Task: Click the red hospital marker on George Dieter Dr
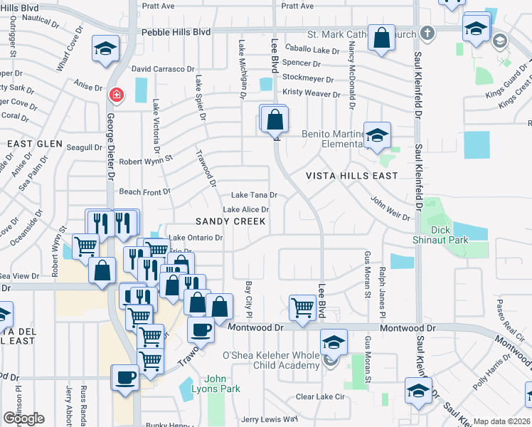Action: pos(115,94)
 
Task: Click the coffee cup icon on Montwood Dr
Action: pos(201,330)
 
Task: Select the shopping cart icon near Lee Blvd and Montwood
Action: pos(302,307)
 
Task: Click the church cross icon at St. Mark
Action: pos(427,33)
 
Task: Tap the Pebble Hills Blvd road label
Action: pos(176,32)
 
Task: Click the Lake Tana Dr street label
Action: pos(254,195)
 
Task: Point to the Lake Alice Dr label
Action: pos(245,210)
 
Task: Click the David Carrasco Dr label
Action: pos(163,69)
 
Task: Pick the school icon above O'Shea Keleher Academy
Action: pos(334,342)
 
